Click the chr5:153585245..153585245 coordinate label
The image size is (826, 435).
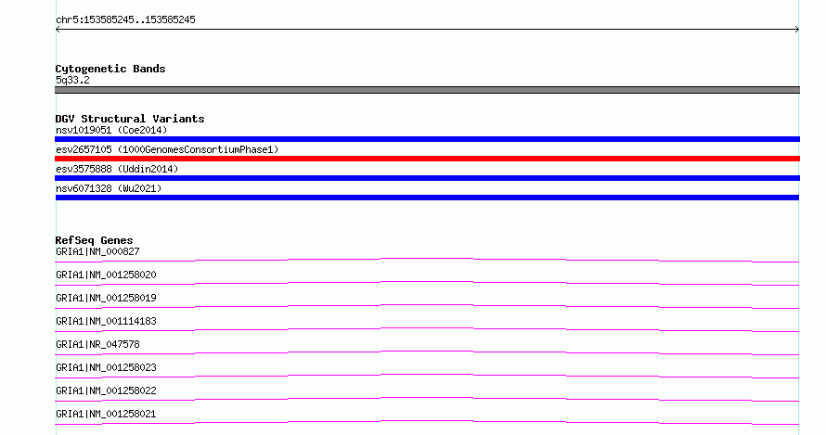pos(125,19)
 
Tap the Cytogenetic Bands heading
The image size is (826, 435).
pos(110,69)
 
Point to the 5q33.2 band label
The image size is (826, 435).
pos(72,80)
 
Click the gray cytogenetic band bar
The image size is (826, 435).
pos(427,90)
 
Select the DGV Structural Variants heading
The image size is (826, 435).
pos(130,119)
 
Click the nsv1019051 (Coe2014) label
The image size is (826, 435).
pos(111,130)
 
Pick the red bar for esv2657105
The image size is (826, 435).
pos(427,159)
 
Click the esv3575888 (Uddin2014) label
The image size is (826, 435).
pos(117,169)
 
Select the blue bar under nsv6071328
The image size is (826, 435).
pos(427,198)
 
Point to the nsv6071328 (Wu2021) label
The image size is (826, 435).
pos(109,188)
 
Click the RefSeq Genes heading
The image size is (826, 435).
pos(94,240)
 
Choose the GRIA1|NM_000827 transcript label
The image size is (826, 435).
pos(97,251)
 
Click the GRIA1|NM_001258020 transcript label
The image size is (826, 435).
pos(106,275)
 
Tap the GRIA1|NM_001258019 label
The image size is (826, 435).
pos(106,298)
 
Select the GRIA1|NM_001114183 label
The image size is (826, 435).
pos(106,321)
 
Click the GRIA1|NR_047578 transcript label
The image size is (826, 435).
pos(97,344)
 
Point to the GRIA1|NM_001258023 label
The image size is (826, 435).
pos(106,367)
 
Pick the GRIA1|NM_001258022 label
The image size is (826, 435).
pos(106,390)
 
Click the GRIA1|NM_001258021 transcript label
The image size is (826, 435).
pos(106,414)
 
